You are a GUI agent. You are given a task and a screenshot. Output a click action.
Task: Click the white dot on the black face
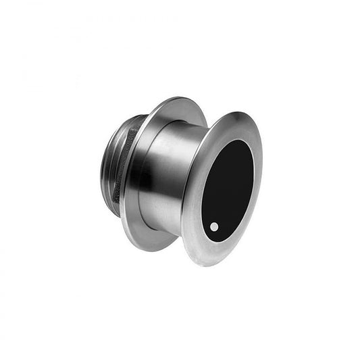tap(214, 227)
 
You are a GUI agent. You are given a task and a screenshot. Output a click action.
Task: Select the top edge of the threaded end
tap(125, 122)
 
